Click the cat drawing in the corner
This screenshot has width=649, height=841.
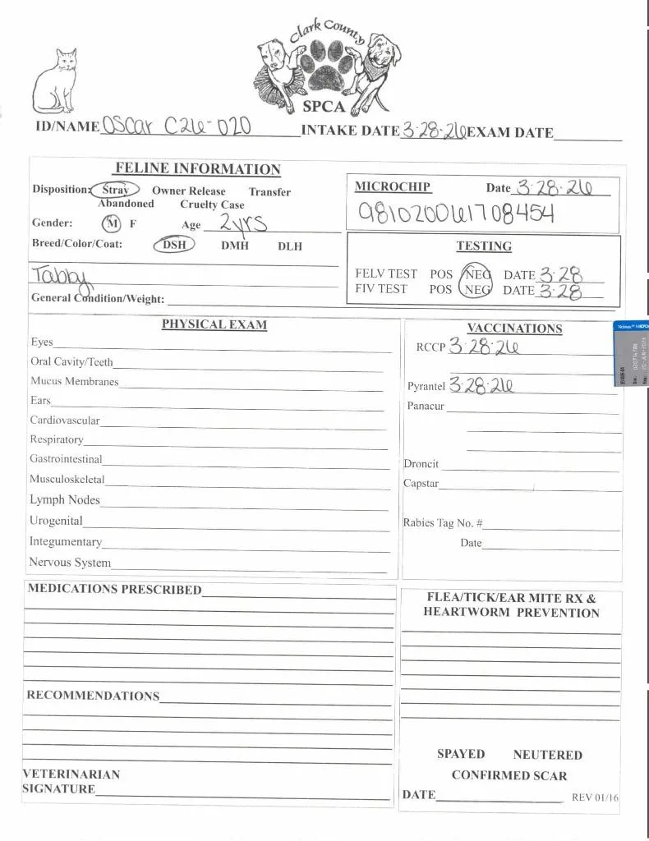[55, 82]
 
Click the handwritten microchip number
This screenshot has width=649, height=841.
[456, 214]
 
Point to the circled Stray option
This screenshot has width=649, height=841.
[115, 190]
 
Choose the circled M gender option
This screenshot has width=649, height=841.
[112, 223]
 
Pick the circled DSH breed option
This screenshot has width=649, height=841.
[173, 245]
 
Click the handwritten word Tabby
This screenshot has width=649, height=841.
[62, 275]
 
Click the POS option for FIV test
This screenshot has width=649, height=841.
[440, 289]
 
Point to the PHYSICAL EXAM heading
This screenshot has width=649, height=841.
[214, 324]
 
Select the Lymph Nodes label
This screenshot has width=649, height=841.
[65, 500]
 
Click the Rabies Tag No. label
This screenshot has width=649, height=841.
[442, 523]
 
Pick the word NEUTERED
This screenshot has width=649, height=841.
[547, 755]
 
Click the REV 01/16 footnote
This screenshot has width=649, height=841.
[595, 797]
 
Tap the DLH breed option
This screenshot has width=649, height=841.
[289, 246]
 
